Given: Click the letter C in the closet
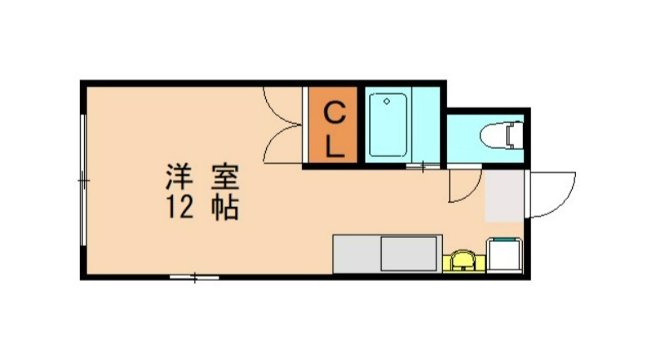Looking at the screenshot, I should coord(332,111).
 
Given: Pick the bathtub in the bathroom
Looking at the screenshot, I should coord(388,125).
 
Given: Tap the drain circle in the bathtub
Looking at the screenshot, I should coord(385,101).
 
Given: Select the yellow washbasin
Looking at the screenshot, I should coord(463,261).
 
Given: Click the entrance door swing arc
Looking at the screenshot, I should coord(555,193).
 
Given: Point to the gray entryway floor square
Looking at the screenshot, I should coord(504,196).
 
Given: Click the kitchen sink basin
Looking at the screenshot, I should coord(409,254).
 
